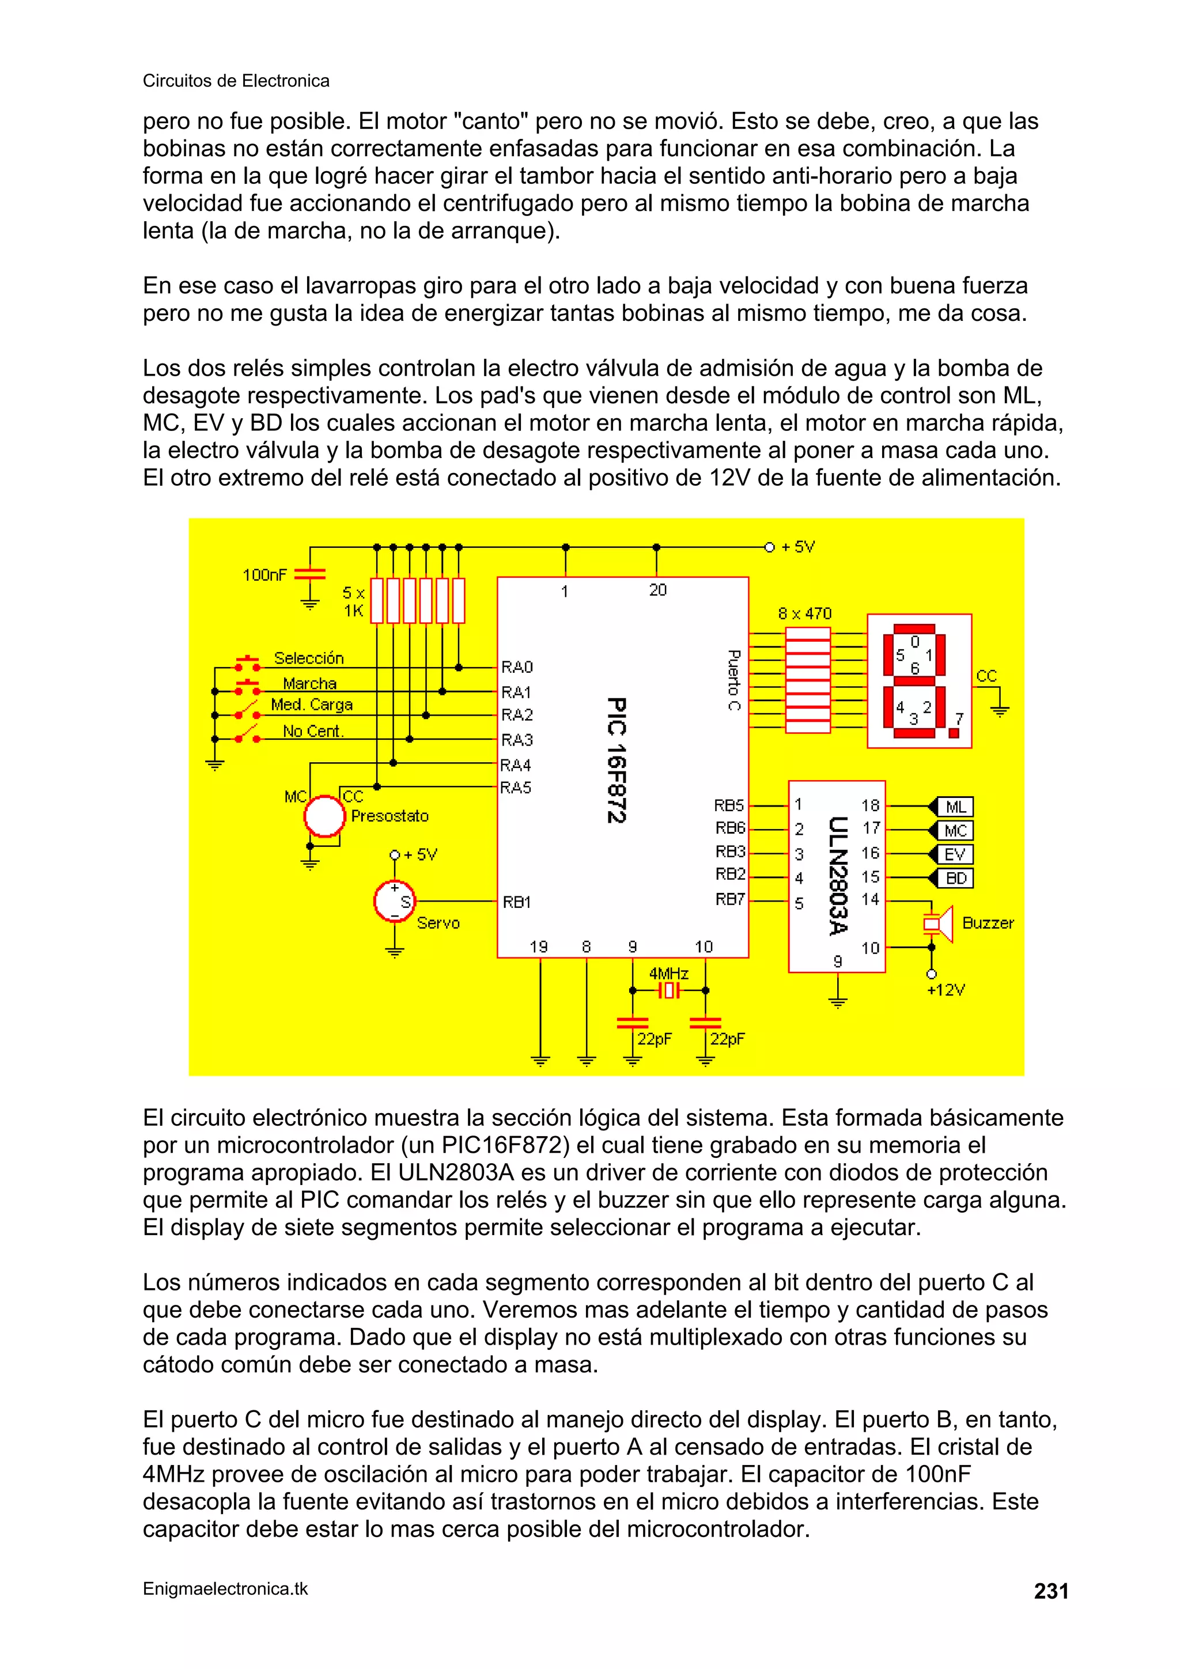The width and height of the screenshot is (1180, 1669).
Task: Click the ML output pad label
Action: tap(955, 807)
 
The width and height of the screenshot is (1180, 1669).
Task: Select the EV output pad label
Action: tap(955, 854)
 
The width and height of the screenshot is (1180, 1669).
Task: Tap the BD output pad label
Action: tap(955, 878)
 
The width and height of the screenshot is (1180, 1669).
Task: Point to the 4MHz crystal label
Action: tap(668, 973)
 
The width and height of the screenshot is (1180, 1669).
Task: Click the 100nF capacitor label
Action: tap(264, 575)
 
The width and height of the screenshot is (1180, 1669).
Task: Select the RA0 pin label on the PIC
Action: tap(517, 667)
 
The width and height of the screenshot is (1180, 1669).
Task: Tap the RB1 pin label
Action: tap(517, 902)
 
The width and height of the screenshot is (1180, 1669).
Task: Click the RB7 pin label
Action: tap(729, 899)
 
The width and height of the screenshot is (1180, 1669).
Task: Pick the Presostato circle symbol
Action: tap(324, 816)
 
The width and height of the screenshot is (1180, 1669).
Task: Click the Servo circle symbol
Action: tap(394, 902)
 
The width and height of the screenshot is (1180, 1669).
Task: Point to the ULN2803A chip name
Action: tap(838, 876)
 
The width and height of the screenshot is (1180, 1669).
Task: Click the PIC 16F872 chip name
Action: tap(616, 760)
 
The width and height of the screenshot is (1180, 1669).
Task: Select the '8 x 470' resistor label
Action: tap(804, 614)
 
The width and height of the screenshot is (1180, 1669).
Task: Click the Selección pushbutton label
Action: tap(308, 658)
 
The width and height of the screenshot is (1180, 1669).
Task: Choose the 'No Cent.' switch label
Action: tap(313, 731)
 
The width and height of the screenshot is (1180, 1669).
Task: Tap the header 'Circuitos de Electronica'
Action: tap(236, 81)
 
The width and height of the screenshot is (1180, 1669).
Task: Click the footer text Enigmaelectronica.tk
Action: tap(225, 1589)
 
